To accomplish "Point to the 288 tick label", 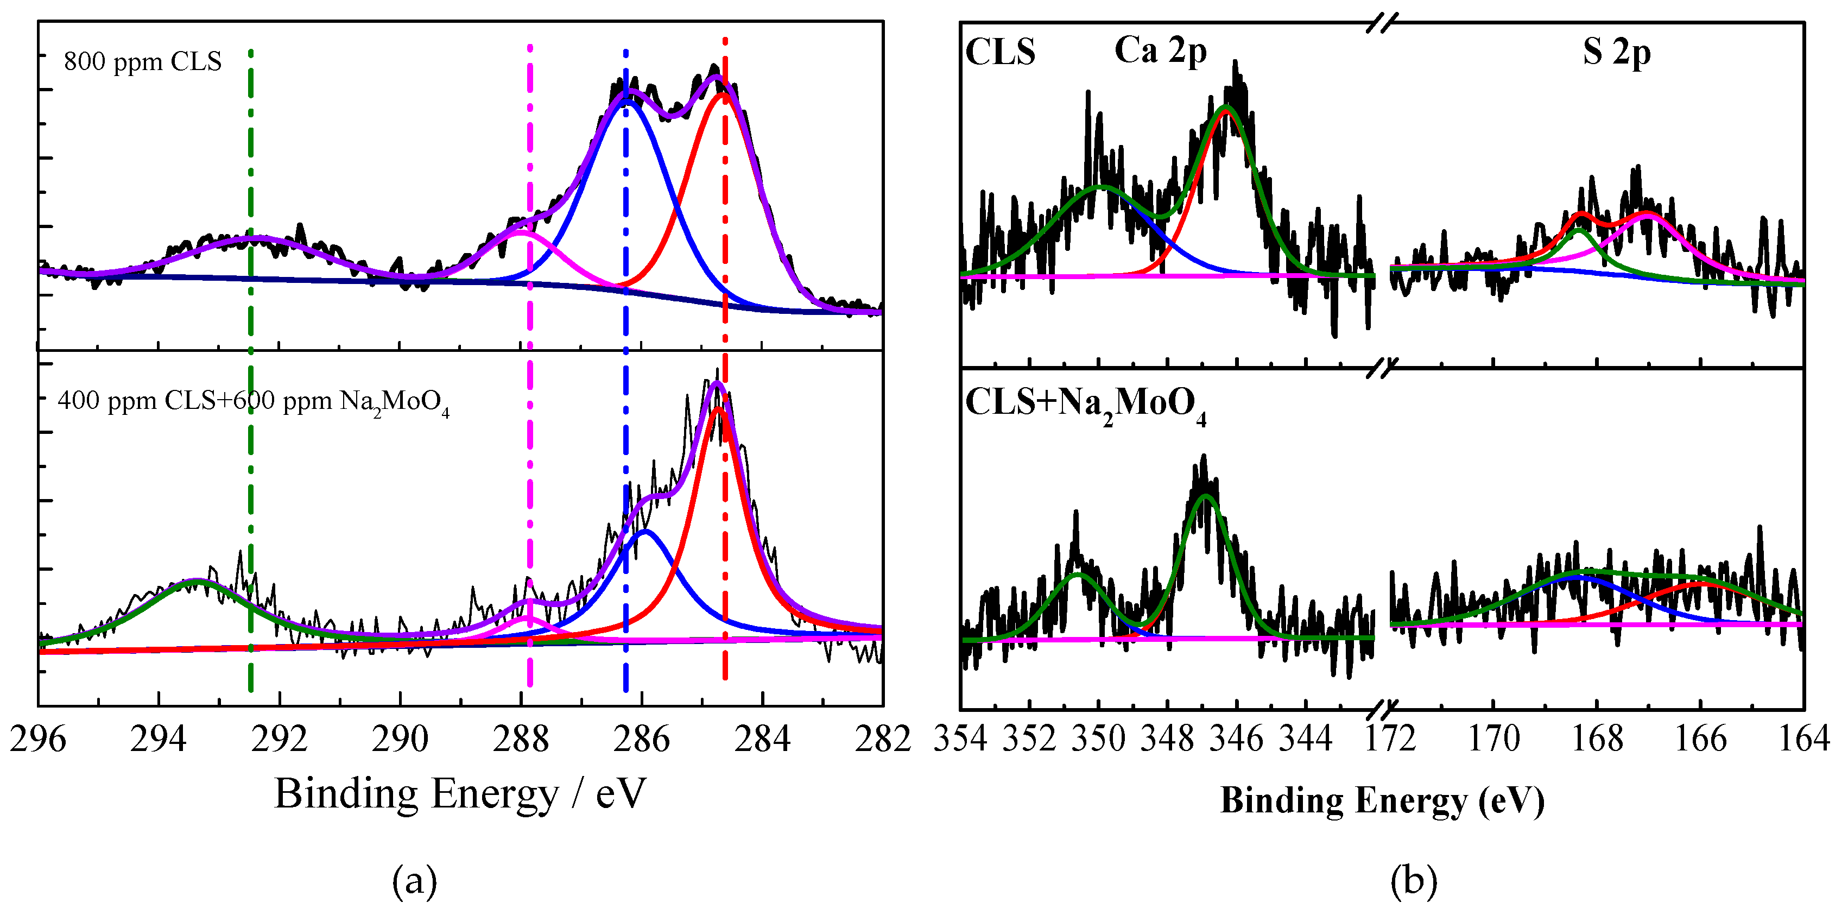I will (521, 739).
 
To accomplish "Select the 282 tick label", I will (882, 739).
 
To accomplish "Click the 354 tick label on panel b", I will (960, 739).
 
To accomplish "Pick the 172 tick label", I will (1390, 739).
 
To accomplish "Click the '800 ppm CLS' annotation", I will (143, 62).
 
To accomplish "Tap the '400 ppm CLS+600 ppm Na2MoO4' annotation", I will (253, 402).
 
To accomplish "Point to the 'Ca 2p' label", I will (1160, 52).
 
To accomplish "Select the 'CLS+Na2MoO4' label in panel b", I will (1085, 405).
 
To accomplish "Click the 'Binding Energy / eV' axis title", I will (460, 794).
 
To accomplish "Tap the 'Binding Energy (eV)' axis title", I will (1382, 801).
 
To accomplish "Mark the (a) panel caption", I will (414, 880).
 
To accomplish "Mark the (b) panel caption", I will (1413, 880).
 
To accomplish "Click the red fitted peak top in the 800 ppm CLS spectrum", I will (721, 93).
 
